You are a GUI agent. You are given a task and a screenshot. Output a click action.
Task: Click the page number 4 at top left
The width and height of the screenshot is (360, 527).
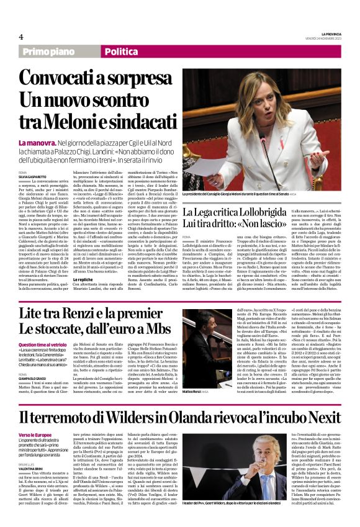pyautogui.click(x=21, y=37)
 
